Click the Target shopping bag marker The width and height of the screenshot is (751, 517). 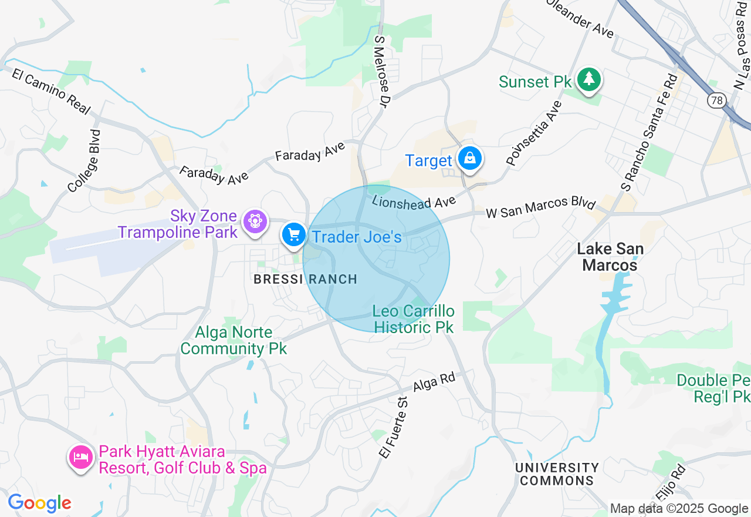470,158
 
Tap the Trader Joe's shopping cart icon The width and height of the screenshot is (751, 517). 293,235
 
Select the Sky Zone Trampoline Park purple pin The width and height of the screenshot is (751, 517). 255,221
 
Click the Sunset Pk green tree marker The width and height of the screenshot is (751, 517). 588,80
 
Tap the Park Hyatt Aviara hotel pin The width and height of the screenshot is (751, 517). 80,458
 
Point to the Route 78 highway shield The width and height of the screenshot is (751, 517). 715,101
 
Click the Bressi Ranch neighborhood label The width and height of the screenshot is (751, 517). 305,279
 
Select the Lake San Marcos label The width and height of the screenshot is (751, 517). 610,257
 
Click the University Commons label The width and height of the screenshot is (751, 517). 557,474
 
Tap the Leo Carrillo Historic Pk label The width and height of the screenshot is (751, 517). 414,318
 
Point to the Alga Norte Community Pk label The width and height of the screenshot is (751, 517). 234,340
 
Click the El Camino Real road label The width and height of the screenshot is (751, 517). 51,92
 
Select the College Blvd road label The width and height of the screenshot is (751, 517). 84,161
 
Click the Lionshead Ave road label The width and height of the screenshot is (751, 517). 414,202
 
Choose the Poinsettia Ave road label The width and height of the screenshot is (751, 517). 534,133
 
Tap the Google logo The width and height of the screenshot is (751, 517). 40,503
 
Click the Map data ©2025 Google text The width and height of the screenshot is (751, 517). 679,509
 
